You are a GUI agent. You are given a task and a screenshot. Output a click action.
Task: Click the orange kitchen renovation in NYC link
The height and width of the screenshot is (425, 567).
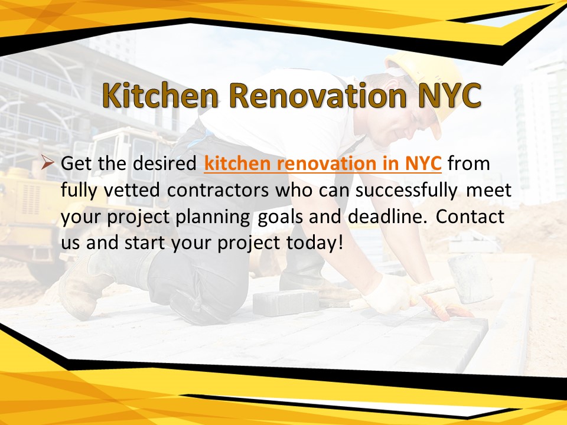[x=322, y=164]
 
